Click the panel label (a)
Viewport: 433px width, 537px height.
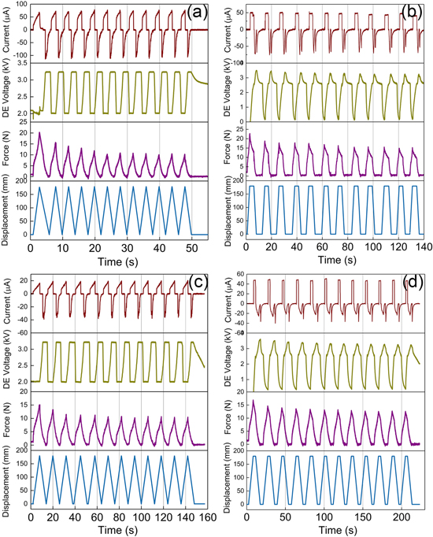point(193,13)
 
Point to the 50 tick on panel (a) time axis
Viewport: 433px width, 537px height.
point(192,246)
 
